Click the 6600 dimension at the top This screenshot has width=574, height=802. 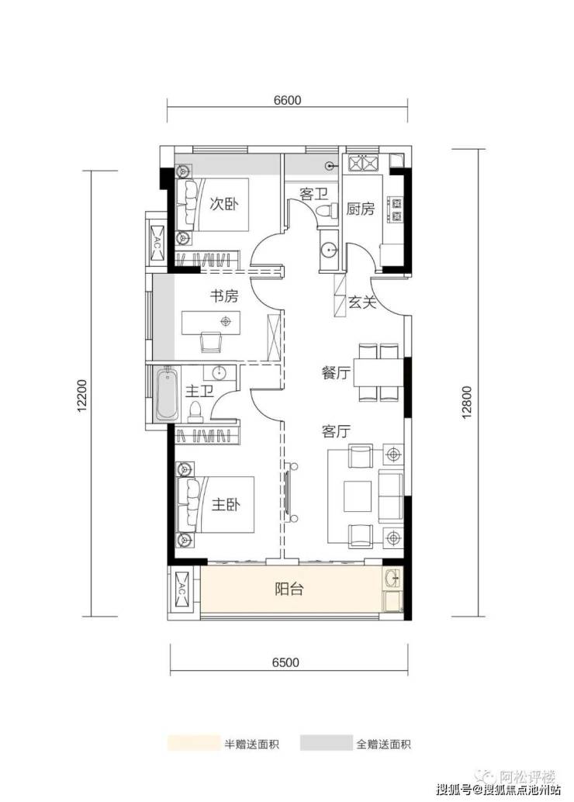[287, 100]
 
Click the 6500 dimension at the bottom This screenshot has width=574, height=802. [285, 663]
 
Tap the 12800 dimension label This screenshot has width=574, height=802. [466, 402]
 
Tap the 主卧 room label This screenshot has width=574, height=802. [226, 505]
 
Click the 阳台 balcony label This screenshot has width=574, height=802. [289, 589]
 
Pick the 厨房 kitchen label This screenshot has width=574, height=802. [360, 209]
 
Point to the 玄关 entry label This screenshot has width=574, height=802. [362, 302]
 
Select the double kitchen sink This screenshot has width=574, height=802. [363, 164]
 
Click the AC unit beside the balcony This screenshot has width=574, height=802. [183, 589]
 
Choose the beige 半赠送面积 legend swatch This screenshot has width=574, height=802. [193, 743]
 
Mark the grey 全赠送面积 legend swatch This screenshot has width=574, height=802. [326, 743]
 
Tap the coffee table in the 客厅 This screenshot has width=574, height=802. [358, 496]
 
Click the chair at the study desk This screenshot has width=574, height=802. [211, 342]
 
